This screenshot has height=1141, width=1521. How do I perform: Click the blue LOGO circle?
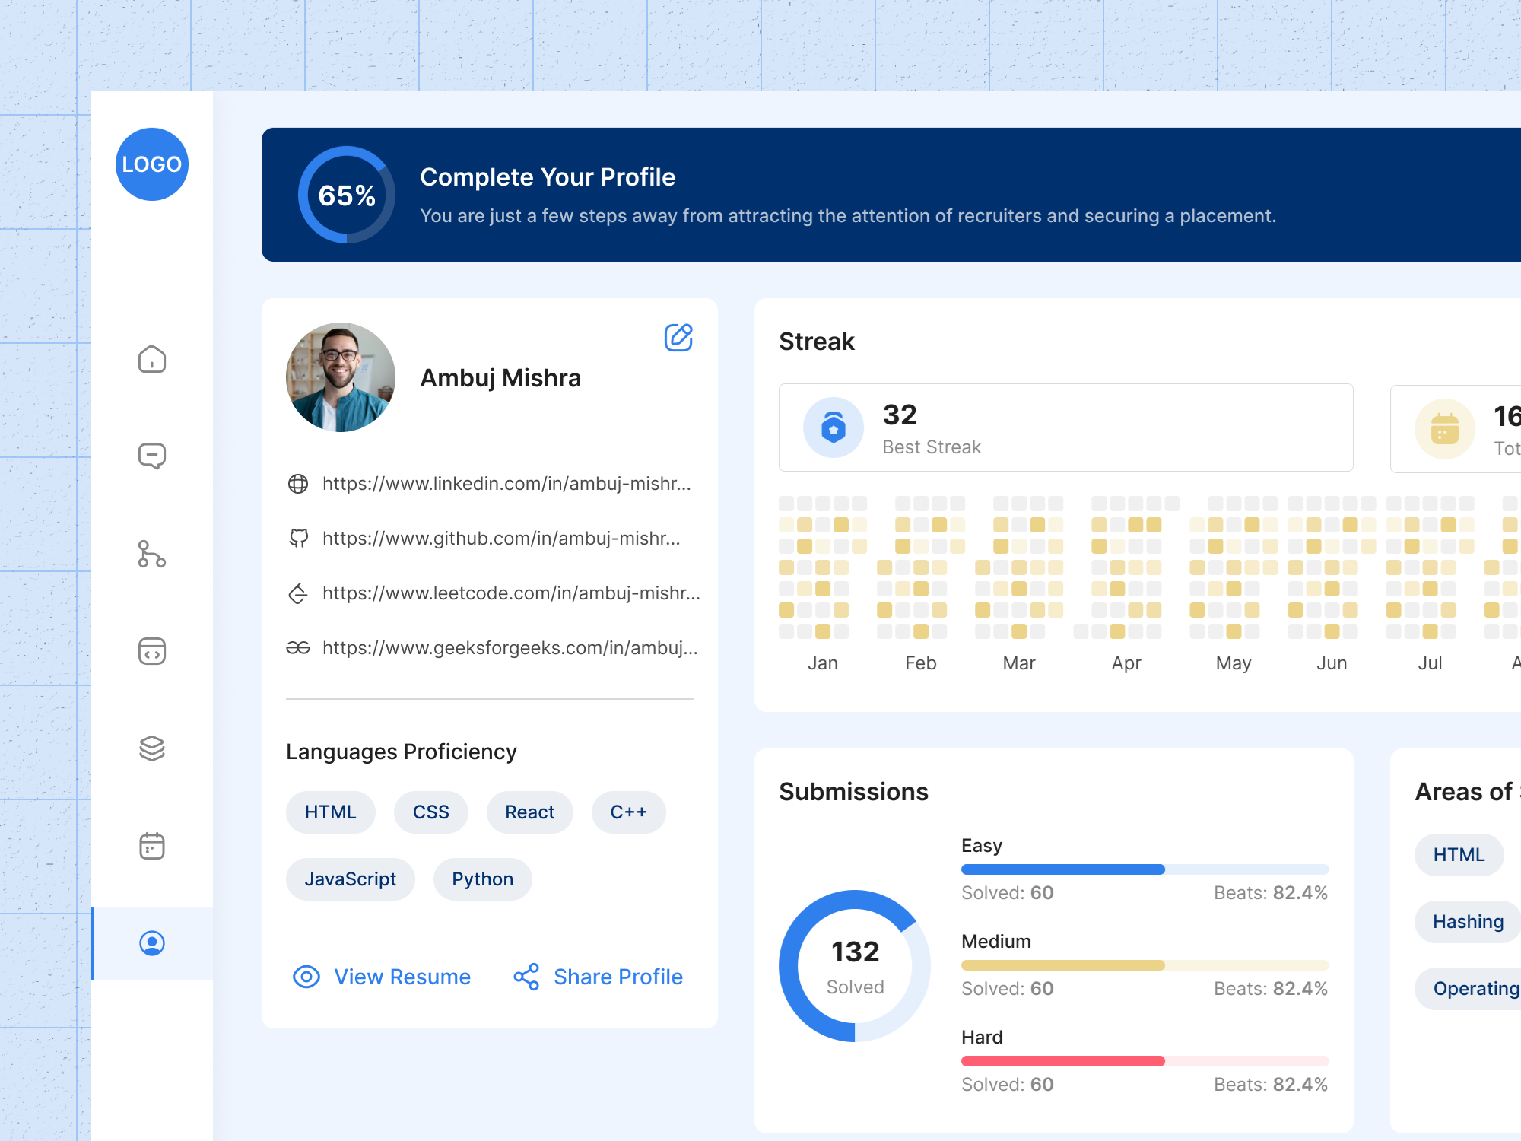152,164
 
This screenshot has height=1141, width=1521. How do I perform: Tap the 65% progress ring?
347,195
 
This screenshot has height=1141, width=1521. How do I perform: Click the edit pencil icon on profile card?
678,337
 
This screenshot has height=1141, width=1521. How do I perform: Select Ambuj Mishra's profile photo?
341,377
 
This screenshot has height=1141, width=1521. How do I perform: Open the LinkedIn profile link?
506,484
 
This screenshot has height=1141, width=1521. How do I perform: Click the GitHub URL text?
500,539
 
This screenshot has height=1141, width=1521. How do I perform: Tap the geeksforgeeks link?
510,648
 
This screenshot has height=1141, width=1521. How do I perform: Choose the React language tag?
529,812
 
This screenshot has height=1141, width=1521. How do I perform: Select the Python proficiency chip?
482,879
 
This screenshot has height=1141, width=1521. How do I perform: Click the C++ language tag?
628,812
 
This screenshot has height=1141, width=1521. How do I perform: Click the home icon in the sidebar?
152,359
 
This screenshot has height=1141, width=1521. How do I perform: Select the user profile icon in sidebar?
152,943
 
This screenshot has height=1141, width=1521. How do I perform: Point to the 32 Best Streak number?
900,415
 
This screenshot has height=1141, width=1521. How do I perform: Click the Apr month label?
1126,663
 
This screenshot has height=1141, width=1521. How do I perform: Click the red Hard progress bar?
1062,1061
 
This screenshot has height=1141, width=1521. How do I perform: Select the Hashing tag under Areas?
1467,922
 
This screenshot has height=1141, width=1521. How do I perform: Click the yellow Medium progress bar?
1062,965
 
